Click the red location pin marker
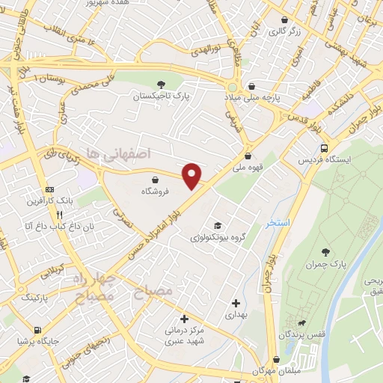click(193, 174)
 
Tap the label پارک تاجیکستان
click(158, 97)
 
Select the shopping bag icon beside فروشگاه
click(155, 180)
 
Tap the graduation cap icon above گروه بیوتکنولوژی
click(218, 225)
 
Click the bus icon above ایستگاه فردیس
click(323, 148)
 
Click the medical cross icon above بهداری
click(236, 303)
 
